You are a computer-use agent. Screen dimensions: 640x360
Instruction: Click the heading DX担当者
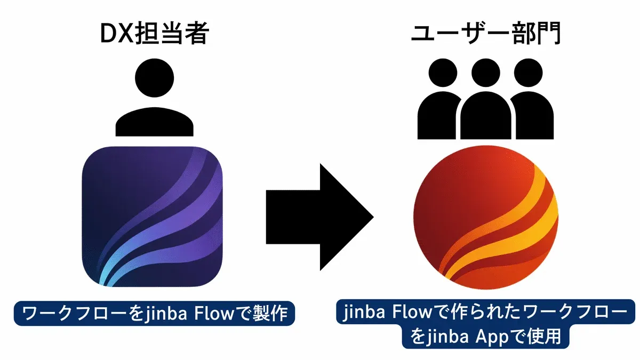pyautogui.click(x=155, y=35)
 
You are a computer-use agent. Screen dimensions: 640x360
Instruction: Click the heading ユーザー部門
pyautogui.click(x=485, y=35)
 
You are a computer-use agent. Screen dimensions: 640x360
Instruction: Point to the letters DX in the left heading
pyautogui.click(x=115, y=35)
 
